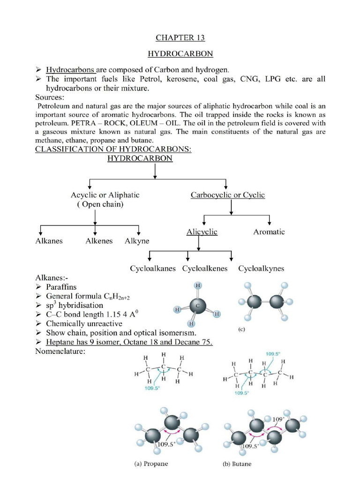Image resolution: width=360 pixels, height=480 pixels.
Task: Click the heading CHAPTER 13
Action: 180,37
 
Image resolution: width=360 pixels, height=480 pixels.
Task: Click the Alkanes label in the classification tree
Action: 49,241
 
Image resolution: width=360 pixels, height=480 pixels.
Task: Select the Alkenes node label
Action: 99,241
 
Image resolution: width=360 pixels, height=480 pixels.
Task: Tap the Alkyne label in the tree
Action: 137,241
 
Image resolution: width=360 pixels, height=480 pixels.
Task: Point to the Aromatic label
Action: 269,232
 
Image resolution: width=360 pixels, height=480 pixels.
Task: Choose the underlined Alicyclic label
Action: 202,232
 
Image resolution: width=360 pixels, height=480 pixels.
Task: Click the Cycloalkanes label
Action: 153,269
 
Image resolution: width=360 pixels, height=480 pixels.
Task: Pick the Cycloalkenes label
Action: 205,269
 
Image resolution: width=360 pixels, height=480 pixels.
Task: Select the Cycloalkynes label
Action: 261,269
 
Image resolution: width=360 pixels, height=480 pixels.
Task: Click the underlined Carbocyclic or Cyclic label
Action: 227,195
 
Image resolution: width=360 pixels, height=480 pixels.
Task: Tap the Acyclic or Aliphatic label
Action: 105,195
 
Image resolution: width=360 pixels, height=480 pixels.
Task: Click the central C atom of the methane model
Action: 197,306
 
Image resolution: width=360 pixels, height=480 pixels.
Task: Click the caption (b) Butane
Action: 237,464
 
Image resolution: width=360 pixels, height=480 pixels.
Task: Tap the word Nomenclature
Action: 60,352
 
